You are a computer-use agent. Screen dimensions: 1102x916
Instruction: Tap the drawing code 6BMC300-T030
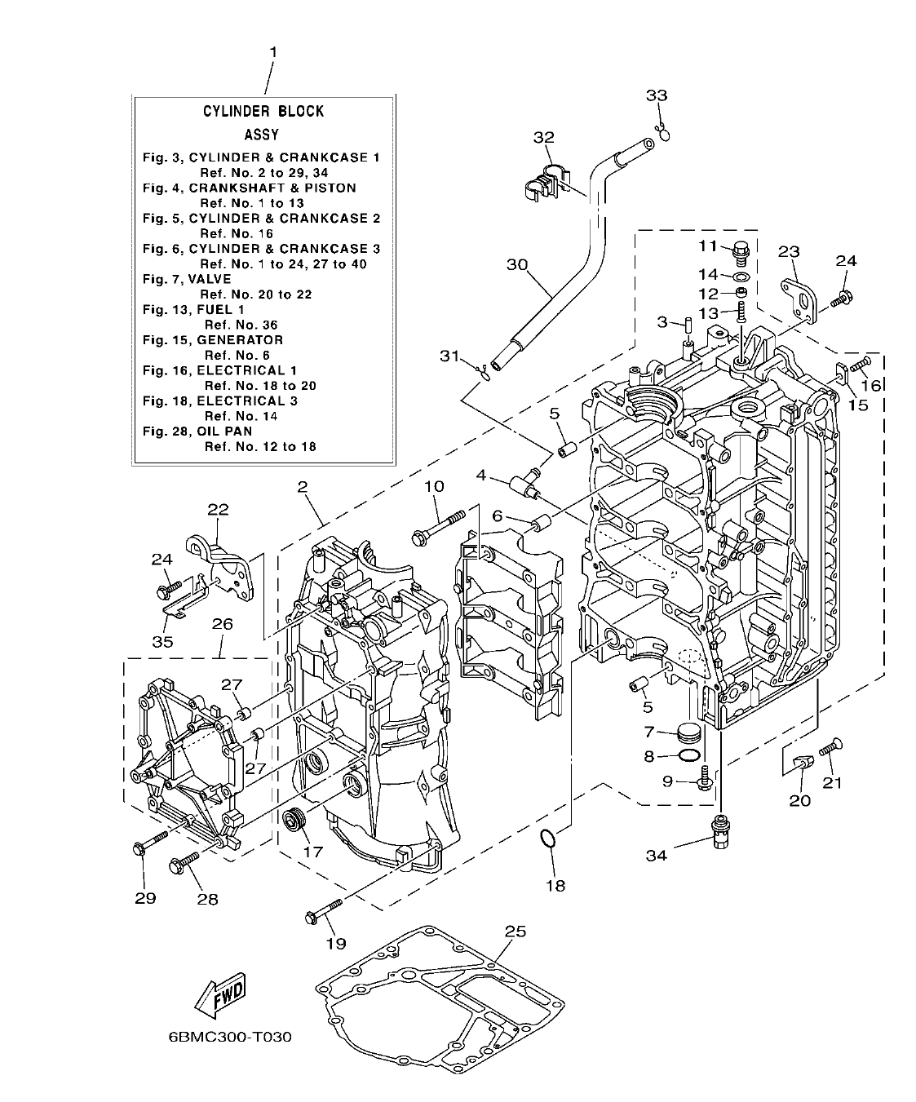tap(218, 1038)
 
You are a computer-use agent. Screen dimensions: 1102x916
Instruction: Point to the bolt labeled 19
tap(324, 909)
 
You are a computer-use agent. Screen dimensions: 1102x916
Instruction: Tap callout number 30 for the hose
tap(517, 264)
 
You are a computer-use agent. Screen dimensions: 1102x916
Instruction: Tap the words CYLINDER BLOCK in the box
tap(263, 111)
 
